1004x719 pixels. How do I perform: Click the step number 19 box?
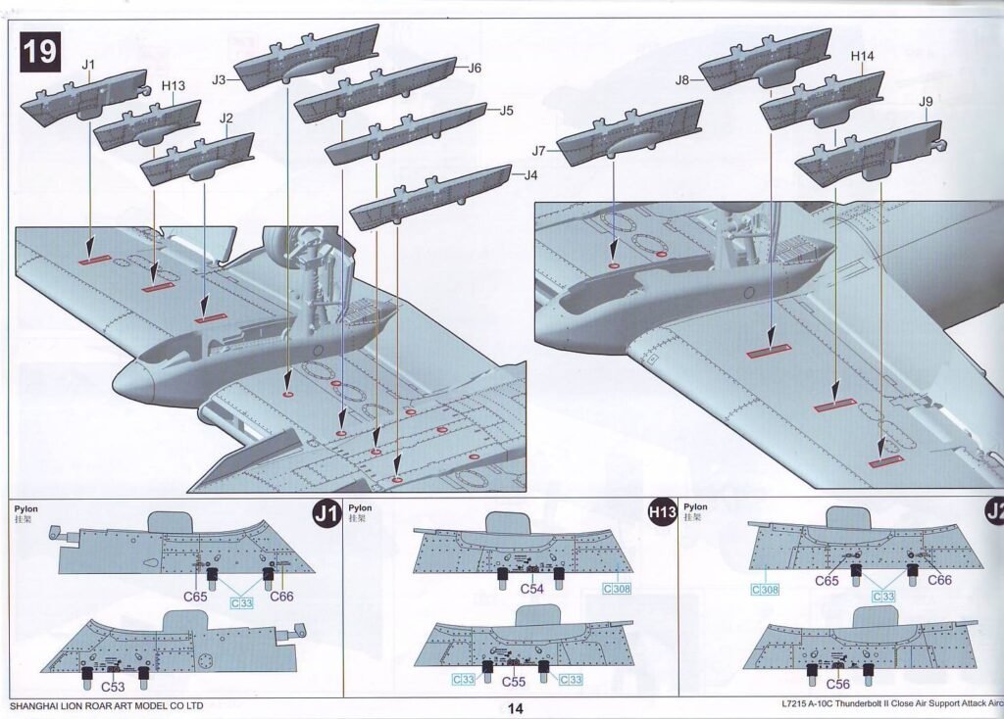tap(40, 52)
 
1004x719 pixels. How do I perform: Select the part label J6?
tap(475, 68)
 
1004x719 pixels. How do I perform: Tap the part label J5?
tap(506, 111)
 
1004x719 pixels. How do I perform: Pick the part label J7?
tap(538, 152)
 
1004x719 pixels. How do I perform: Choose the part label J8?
tap(682, 80)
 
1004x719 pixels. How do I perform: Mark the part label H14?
tap(862, 57)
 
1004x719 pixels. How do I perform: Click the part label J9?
tap(926, 102)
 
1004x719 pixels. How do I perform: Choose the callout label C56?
tap(838, 685)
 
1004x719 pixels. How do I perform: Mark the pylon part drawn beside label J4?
tap(431, 197)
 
